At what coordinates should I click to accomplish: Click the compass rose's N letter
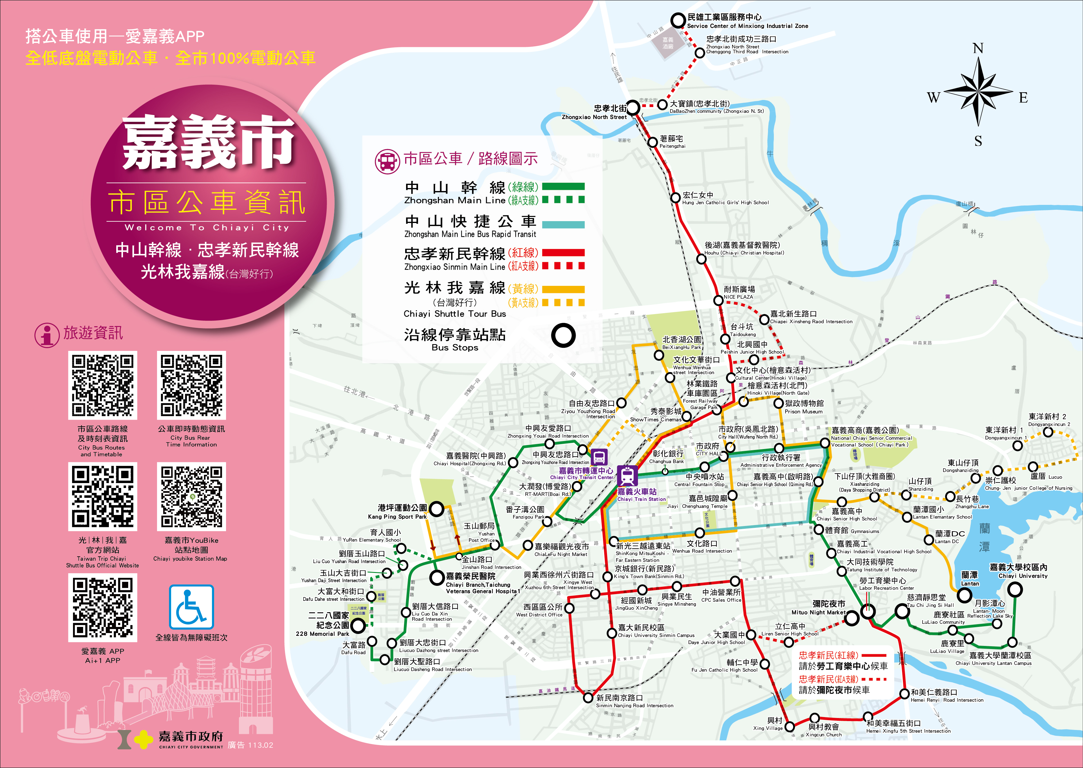978,48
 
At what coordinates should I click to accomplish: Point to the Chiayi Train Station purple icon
628,476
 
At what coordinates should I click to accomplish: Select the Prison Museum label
804,407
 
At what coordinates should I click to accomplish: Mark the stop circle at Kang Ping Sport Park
436,509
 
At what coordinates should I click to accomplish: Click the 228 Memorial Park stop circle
358,626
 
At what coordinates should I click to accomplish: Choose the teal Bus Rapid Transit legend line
563,225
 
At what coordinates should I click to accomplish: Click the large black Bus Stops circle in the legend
563,336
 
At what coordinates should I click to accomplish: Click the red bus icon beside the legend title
387,161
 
